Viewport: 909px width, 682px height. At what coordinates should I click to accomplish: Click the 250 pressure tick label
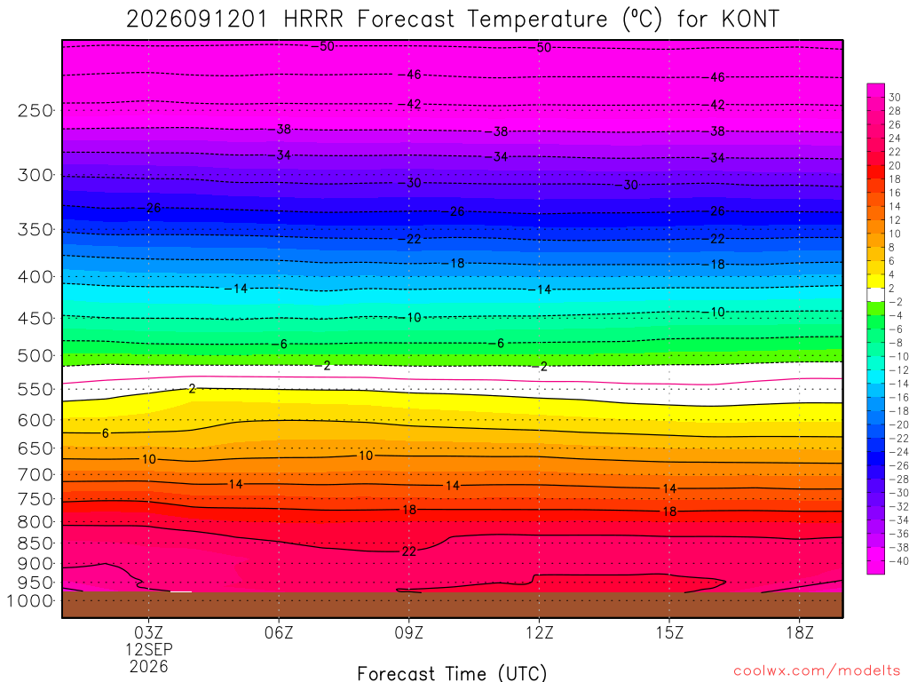point(35,110)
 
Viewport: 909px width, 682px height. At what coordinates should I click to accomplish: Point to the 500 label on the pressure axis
point(35,355)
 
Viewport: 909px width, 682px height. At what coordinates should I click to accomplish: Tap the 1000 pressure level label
point(29,601)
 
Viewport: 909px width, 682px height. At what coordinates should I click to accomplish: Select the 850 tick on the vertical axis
point(35,543)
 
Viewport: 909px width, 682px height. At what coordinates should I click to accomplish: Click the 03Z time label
point(149,632)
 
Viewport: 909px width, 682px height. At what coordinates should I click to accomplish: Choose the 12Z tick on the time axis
point(540,632)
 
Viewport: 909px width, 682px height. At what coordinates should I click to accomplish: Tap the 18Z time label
point(800,632)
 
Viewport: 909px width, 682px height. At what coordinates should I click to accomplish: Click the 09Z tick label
point(409,632)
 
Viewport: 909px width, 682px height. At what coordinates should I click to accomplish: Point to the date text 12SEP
point(149,649)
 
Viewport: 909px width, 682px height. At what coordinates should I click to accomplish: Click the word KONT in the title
point(751,20)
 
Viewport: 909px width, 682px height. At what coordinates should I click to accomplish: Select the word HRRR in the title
point(313,20)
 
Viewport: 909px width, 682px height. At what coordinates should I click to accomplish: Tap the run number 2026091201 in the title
point(197,20)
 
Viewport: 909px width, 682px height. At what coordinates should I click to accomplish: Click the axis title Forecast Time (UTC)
point(452,673)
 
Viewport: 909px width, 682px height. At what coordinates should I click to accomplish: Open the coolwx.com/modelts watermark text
point(818,671)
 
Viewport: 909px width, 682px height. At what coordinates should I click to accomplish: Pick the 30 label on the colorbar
point(895,98)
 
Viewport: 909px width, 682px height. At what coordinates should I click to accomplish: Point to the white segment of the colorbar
point(876,295)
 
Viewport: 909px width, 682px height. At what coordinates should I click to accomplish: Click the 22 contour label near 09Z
point(409,551)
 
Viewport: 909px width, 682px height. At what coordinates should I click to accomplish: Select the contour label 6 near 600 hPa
point(105,433)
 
